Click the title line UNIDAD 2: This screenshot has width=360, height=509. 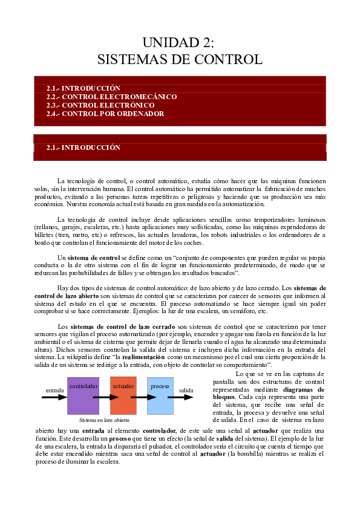pyautogui.click(x=179, y=42)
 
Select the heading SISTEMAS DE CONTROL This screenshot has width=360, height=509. pyautogui.click(x=180, y=59)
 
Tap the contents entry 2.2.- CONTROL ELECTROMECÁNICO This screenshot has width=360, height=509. pyautogui.click(x=111, y=97)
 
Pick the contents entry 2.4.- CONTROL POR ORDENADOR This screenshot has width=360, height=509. pyautogui.click(x=105, y=114)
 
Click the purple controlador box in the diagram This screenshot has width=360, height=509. pyautogui.click(x=83, y=395)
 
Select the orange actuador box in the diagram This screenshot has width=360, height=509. pyautogui.click(x=123, y=395)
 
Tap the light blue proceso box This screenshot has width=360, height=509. pyautogui.click(x=160, y=395)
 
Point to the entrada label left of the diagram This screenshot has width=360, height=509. pyautogui.click(x=55, y=390)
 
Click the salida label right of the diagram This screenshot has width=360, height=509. pyautogui.click(x=186, y=390)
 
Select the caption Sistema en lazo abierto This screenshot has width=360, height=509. pyautogui.click(x=104, y=420)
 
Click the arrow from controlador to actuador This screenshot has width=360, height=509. pyautogui.click(x=105, y=398)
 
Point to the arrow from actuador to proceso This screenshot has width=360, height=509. pyautogui.click(x=142, y=398)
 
